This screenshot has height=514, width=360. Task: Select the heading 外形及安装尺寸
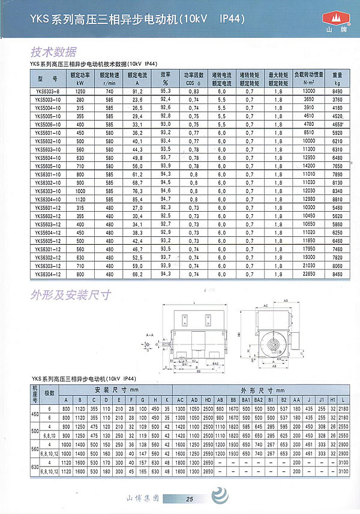coord(71,295)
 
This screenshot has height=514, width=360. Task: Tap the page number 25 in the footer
coord(190,499)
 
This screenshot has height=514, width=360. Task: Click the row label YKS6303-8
coord(46,91)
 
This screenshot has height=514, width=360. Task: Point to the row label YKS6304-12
coord(46,273)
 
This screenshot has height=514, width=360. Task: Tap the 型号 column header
coord(46,79)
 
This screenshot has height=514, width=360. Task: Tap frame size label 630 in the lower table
coord(35,467)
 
